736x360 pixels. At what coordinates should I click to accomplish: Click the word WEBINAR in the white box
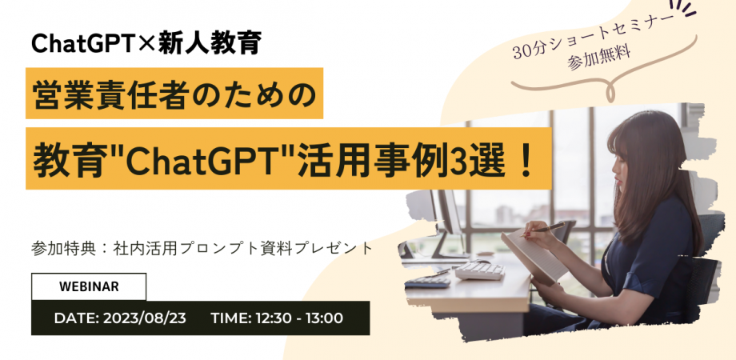[89, 286]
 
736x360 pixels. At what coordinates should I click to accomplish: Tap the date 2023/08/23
[145, 318]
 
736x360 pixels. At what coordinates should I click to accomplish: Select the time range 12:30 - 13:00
[298, 318]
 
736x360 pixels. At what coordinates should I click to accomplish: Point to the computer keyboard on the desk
[479, 270]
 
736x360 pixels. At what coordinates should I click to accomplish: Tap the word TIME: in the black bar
[231, 318]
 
